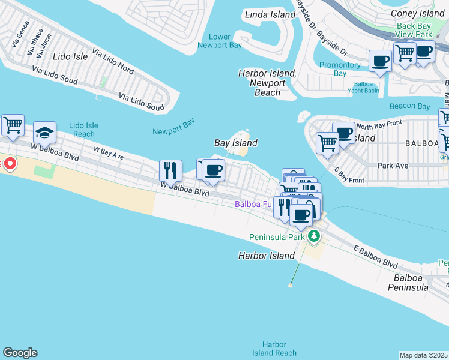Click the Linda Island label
point(270,14)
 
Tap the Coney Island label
point(417,13)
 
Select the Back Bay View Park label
point(414,30)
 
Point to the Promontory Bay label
point(340,69)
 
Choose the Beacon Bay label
point(409,106)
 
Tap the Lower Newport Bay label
point(220,41)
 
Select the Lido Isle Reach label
point(83,130)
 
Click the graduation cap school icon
point(45,131)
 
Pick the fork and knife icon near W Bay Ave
point(170,170)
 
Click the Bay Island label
point(236,143)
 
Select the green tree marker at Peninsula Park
point(313,237)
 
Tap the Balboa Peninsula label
point(411,283)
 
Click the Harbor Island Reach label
point(274,349)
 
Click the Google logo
point(20,353)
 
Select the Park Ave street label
point(393,165)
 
